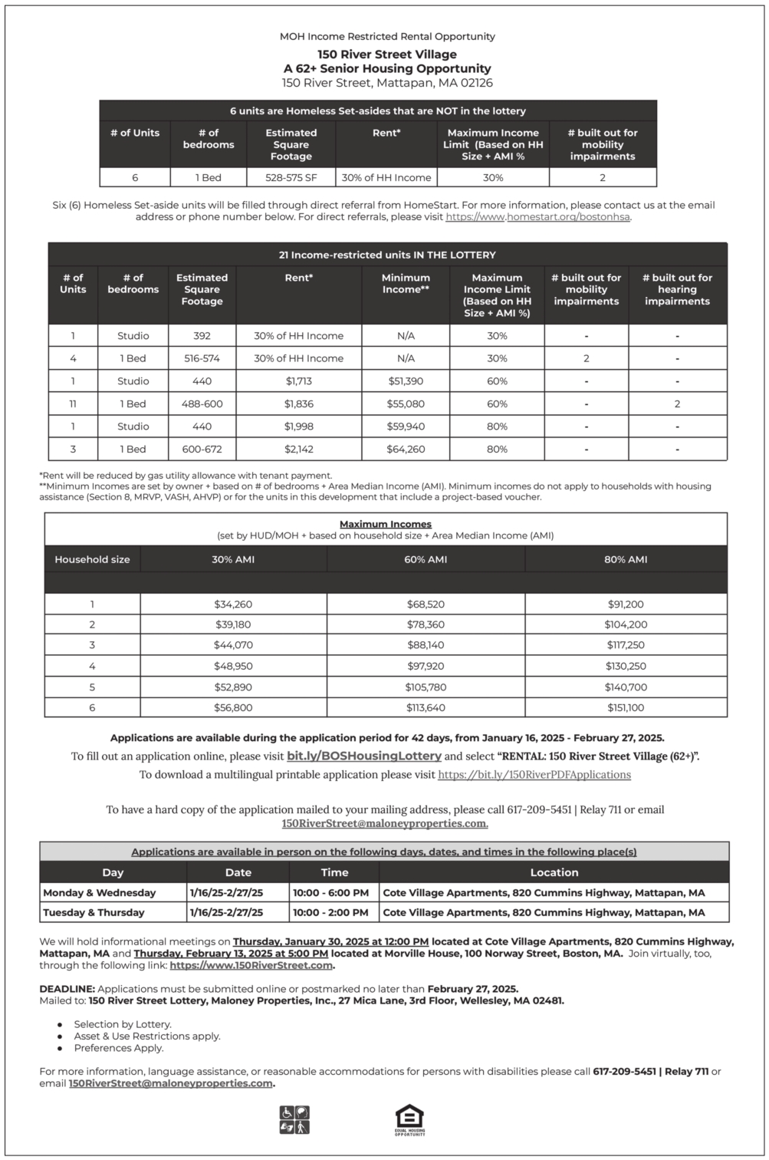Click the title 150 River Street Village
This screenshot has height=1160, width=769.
point(386,54)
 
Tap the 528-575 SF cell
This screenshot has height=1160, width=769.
point(291,177)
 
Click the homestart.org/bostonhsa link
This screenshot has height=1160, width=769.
point(537,217)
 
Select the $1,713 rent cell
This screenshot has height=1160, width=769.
point(298,381)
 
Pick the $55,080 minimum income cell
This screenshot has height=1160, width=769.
point(406,404)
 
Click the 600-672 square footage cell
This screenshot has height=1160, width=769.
point(202,449)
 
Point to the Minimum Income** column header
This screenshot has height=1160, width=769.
point(406,284)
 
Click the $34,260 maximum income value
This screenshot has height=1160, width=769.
point(233,605)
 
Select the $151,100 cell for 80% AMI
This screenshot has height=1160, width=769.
point(626,708)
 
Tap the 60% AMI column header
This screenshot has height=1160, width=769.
point(426,559)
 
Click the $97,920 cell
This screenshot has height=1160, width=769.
point(426,666)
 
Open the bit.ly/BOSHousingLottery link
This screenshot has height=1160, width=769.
point(363,756)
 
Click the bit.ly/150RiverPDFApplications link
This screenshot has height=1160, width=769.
point(534,775)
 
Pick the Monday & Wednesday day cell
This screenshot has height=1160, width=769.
point(100,893)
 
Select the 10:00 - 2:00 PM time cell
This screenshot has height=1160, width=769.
point(330,913)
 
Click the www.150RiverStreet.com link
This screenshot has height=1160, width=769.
point(251,965)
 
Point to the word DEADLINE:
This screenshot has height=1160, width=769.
point(67,989)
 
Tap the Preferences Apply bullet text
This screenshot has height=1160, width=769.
point(119,1048)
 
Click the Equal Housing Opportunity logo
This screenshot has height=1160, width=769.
point(409,1119)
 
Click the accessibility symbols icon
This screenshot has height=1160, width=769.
point(295,1119)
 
